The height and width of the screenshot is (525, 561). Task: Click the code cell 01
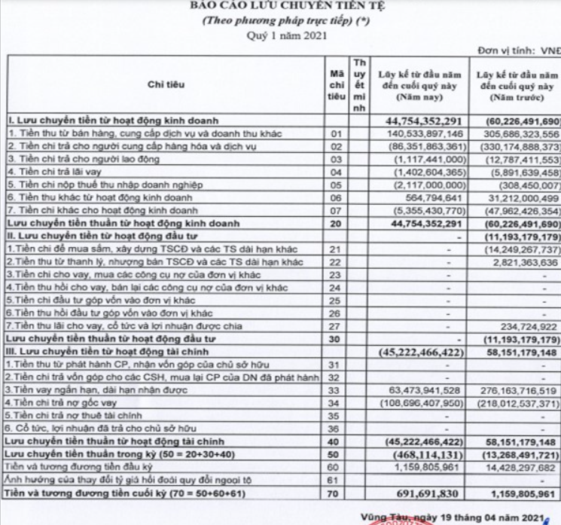click(337, 133)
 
